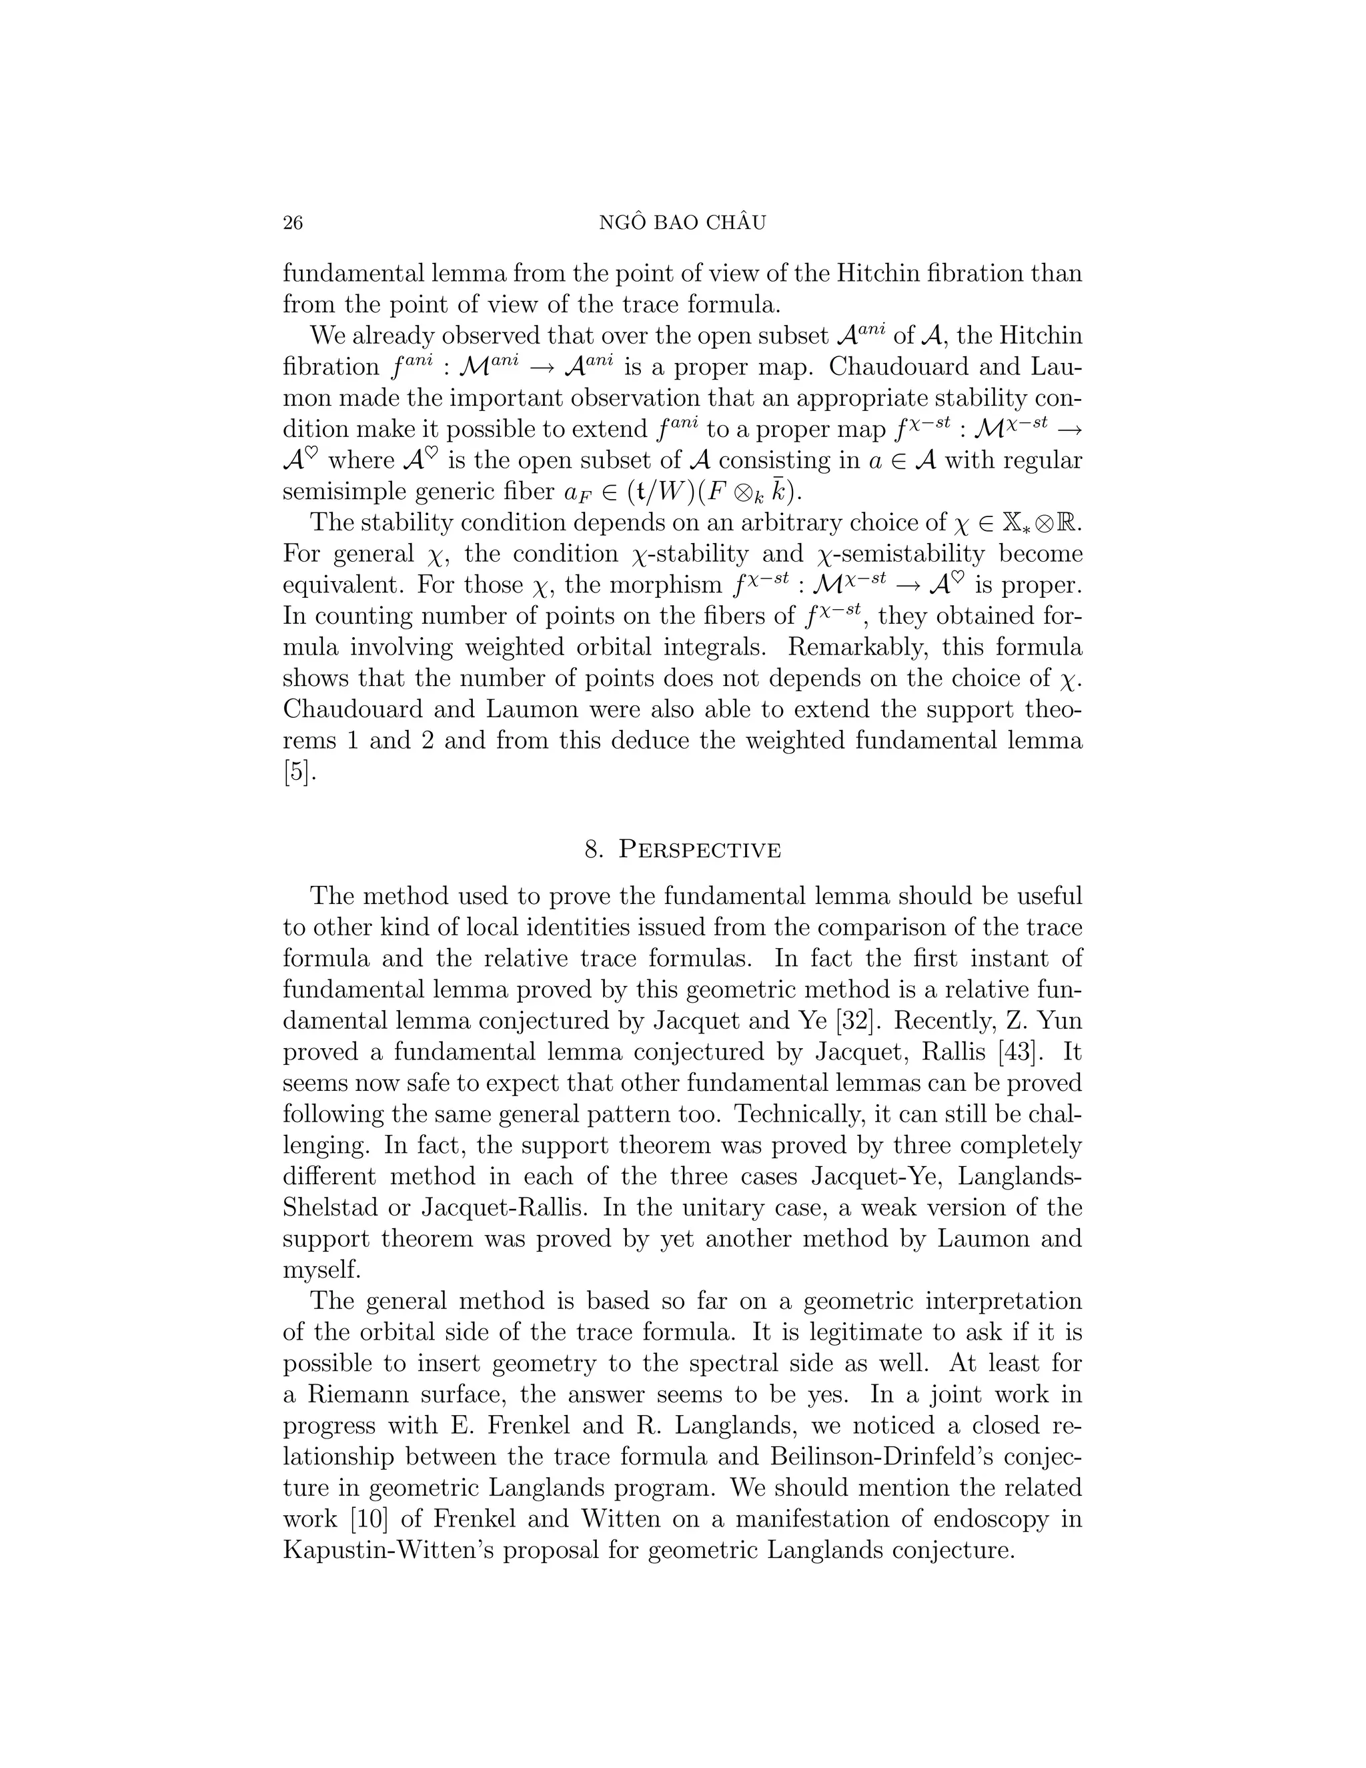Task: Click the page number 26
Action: coord(292,223)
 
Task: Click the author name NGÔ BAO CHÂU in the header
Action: coord(682,223)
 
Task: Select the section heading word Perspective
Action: coord(700,850)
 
